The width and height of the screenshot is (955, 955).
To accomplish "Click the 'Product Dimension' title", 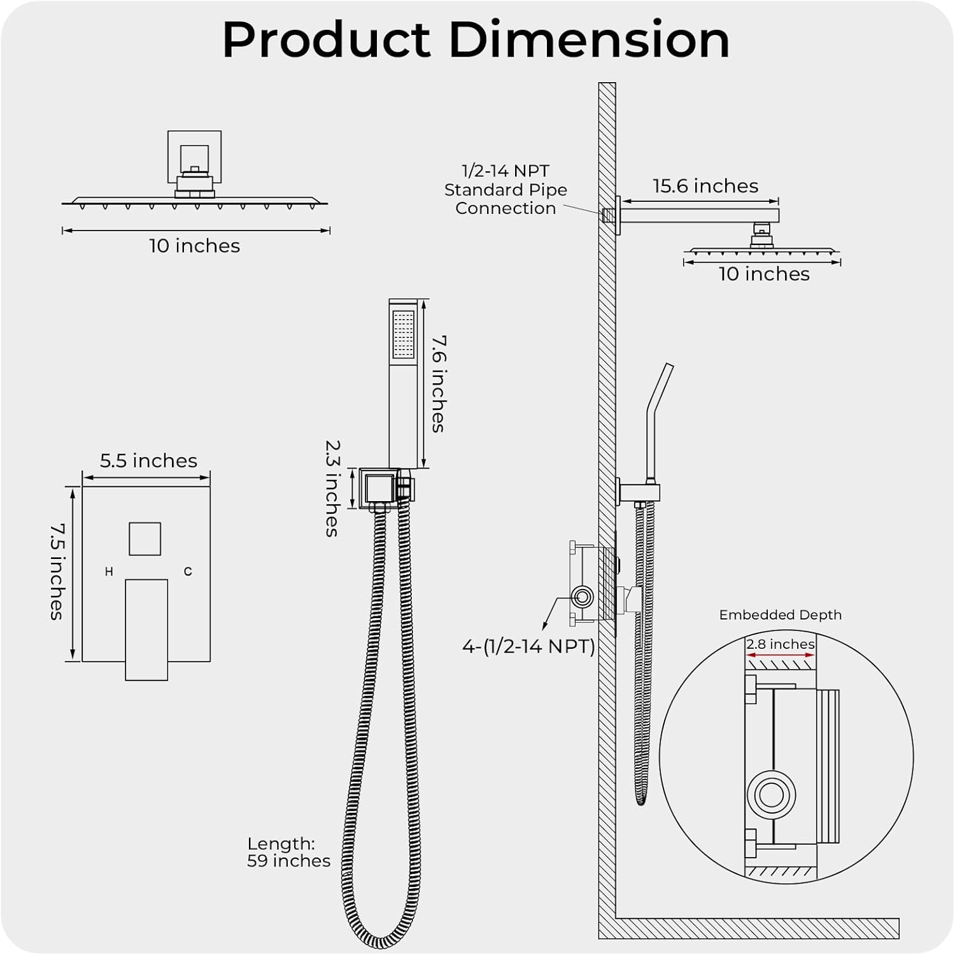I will (x=476, y=39).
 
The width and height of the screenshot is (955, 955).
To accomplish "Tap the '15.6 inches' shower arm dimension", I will (x=705, y=186).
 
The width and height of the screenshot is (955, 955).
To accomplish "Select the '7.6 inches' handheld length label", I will (x=438, y=384).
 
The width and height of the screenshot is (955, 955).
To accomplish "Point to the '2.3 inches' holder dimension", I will (x=332, y=488).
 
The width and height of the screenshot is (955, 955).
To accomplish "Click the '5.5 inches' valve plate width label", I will (x=148, y=460).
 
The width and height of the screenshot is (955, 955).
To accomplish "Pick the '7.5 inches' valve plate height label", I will (x=58, y=571).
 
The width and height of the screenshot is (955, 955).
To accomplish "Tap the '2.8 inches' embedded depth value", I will (x=780, y=644).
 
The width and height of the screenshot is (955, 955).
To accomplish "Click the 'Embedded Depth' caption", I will (x=780, y=614).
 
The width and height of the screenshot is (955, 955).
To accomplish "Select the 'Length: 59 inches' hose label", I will (x=288, y=852).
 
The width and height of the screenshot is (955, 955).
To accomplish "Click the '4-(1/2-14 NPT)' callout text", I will (x=528, y=646).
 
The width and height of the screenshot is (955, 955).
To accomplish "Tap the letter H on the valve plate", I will (x=109, y=572).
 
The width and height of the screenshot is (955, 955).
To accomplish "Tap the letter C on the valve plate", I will (x=188, y=572).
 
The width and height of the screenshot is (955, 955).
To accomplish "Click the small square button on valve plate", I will (x=145, y=539).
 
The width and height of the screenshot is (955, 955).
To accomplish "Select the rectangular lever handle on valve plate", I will (x=146, y=629).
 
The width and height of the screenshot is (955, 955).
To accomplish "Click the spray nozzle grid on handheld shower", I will (x=403, y=334).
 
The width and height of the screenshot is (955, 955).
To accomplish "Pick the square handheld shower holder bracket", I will (x=379, y=488).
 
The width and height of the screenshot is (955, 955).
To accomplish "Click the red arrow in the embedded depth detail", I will (x=780, y=654).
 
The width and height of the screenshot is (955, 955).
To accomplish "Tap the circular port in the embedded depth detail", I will (x=771, y=795).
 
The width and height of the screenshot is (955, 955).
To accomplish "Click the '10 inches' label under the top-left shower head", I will (x=194, y=246).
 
